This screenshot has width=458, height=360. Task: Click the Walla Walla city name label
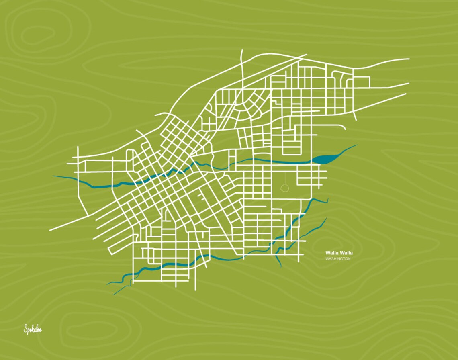pyautogui.click(x=339, y=253)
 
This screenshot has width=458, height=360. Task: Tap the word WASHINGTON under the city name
pyautogui.click(x=338, y=259)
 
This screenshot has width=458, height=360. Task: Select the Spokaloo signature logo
pyautogui.click(x=33, y=329)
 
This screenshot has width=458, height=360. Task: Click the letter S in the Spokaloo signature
pyautogui.click(x=26, y=329)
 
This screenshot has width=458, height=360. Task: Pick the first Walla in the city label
pyautogui.click(x=332, y=253)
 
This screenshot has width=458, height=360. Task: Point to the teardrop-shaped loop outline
pyautogui.click(x=285, y=188)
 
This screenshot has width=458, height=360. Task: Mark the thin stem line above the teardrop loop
pyautogui.click(x=285, y=178)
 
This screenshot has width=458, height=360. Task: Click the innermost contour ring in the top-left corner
pyautogui.click(x=38, y=35)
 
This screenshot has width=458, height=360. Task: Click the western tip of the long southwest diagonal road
pyautogui.click(x=50, y=230)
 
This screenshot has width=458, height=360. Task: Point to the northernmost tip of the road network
pyautogui.click(x=242, y=50)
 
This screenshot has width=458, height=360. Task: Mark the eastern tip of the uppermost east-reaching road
pyautogui.click(x=409, y=59)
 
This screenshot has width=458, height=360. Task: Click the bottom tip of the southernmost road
pyautogui.click(x=195, y=290)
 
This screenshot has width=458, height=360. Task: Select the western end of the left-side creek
pyautogui.click(x=53, y=176)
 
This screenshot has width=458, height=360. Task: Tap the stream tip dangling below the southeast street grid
pyautogui.click(x=281, y=267)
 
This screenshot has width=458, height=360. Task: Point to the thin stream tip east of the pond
pyautogui.click(x=356, y=145)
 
